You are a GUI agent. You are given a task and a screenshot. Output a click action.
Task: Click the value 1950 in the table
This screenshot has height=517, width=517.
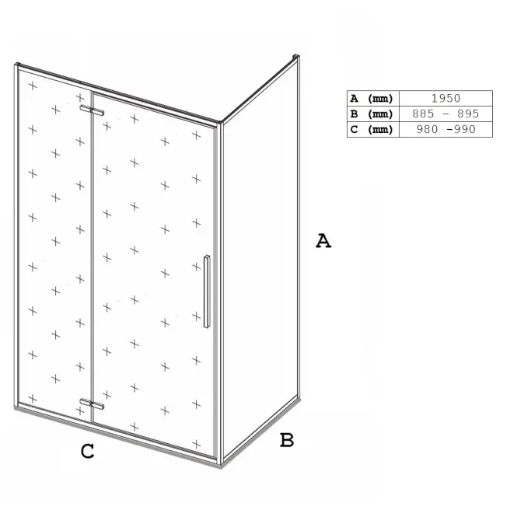445,98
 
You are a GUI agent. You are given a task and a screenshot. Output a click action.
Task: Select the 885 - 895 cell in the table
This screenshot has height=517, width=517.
445,114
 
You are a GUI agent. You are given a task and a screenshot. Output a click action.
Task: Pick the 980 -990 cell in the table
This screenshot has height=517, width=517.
446,129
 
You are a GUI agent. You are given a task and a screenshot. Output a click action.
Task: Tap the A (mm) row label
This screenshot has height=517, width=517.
372,98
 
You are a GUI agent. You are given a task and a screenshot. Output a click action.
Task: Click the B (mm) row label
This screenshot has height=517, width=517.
372,114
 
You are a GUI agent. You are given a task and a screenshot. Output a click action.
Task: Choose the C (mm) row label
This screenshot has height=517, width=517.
372,129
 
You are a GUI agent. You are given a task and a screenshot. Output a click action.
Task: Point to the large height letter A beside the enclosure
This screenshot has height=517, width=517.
323,241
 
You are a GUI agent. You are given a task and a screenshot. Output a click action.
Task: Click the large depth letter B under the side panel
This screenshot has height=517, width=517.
287,440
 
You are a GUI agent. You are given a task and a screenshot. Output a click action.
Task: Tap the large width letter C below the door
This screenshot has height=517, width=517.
87,451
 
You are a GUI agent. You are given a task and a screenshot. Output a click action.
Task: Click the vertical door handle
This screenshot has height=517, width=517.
207,292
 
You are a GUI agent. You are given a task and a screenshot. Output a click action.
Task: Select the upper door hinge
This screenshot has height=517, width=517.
92,110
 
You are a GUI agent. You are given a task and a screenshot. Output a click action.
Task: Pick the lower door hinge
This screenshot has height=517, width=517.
92,404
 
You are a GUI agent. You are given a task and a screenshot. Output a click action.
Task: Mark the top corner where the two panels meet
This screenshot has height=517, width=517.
220,123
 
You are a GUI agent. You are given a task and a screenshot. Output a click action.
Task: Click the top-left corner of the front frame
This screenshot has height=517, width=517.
16,64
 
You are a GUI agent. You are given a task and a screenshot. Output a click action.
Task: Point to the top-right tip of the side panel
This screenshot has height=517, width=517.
296,56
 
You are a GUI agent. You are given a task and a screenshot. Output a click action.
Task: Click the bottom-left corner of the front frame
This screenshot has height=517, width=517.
16,407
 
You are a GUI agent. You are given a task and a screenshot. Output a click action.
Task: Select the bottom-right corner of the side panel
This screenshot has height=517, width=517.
299,398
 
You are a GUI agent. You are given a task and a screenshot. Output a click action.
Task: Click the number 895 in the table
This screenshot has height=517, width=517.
468,114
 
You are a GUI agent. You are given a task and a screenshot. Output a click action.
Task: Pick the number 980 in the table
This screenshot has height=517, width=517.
428,129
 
